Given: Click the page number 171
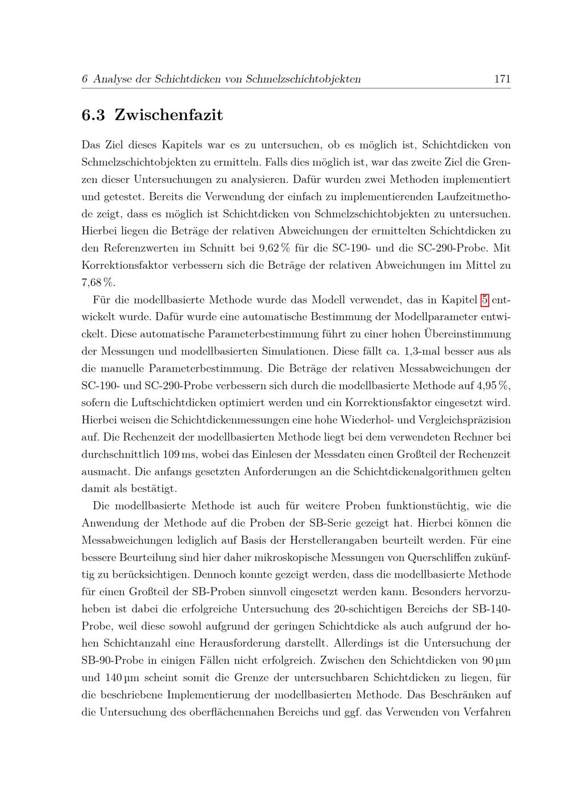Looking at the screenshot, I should pos(502,79).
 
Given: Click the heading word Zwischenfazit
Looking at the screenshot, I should pos(168,115).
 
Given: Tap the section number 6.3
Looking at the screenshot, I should pos(94,115).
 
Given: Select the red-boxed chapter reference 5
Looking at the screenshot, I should pos(485,299).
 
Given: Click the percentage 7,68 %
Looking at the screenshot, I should pos(98,283).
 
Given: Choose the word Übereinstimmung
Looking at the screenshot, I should pos(468,334).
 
